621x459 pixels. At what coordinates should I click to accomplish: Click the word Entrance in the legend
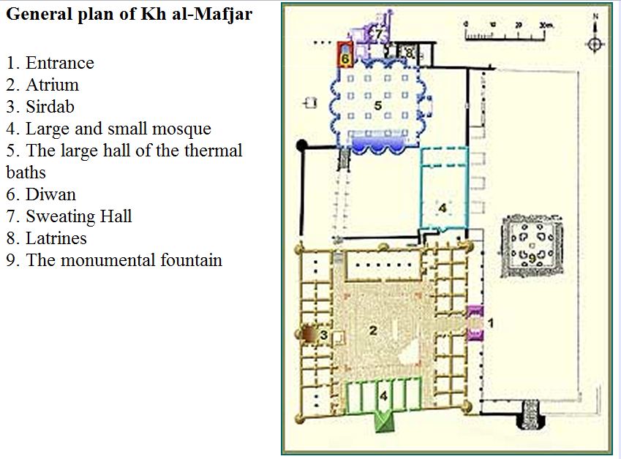[x=60, y=63]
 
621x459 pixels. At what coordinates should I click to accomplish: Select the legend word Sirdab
[x=50, y=107]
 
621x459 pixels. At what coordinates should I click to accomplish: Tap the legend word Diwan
[x=50, y=194]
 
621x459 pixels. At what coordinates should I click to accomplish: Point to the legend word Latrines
[x=56, y=238]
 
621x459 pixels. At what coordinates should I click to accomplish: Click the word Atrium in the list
[x=52, y=85]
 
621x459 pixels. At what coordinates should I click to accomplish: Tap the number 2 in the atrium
[x=373, y=330]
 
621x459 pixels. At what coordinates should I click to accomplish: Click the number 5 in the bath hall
[x=378, y=106]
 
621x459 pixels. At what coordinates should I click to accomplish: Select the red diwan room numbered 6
[x=345, y=53]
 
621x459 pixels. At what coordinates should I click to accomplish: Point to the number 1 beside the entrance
[x=491, y=323]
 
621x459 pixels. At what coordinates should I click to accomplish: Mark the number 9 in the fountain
[x=532, y=258]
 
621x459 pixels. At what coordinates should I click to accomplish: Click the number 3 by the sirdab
[x=323, y=335]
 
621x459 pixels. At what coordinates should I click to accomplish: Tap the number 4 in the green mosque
[x=383, y=395]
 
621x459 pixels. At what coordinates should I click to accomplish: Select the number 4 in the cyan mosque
[x=443, y=208]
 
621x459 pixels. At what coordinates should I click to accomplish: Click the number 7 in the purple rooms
[x=379, y=34]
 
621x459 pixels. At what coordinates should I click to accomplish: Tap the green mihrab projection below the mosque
[x=384, y=422]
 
